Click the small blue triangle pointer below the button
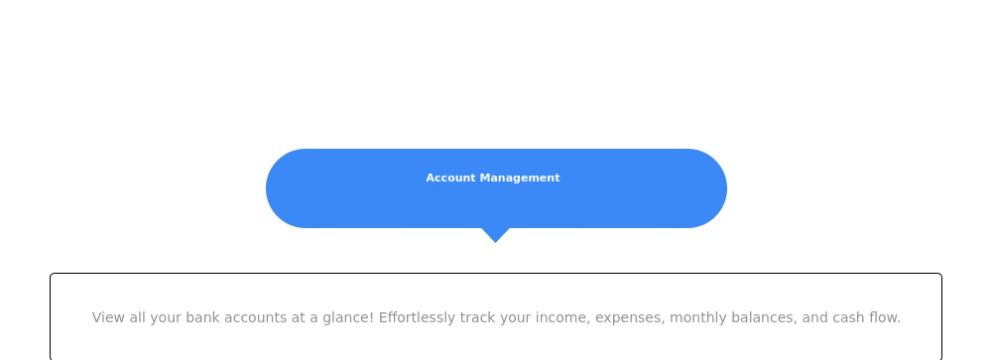(495, 235)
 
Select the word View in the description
(108, 317)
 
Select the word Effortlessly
(417, 317)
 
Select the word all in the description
(137, 317)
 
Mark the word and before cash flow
(814, 317)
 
